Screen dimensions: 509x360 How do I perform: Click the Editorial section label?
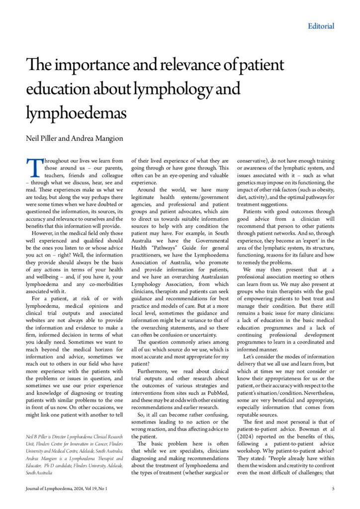321,26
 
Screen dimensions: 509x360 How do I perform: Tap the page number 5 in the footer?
332,489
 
